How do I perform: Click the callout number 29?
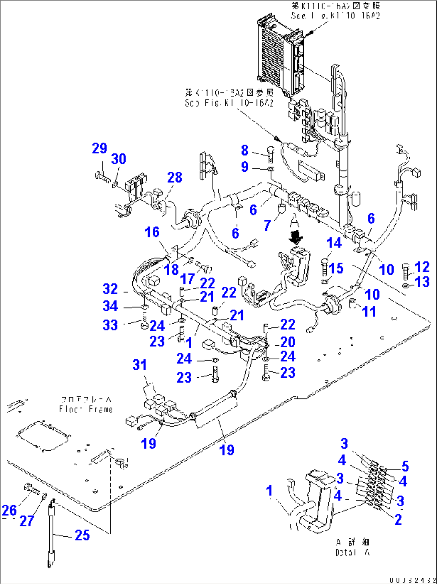[99, 148]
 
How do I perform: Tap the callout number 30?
[119, 159]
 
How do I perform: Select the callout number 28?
[175, 177]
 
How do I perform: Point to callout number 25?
[82, 535]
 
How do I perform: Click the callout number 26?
[9, 510]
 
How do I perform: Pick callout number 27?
[27, 521]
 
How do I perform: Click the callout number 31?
[140, 365]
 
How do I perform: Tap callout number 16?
[152, 232]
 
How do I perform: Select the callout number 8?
[245, 150]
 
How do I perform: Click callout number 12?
[422, 267]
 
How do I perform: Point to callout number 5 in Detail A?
[405, 466]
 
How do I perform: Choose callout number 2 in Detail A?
[398, 520]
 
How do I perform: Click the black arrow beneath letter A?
[296, 238]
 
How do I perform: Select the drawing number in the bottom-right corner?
[412, 580]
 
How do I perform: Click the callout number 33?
[110, 325]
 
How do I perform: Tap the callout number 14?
[334, 243]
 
